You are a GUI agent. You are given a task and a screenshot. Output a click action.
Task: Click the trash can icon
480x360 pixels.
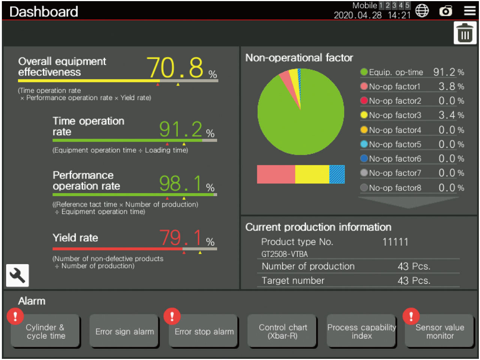(x=465, y=33)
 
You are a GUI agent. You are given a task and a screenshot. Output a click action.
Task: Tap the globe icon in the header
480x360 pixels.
(x=422, y=11)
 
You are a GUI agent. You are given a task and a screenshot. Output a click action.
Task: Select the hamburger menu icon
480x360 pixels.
(x=469, y=11)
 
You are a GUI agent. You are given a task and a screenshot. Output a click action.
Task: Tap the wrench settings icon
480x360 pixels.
(x=17, y=276)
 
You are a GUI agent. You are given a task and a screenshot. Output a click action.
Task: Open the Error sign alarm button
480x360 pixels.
(x=124, y=331)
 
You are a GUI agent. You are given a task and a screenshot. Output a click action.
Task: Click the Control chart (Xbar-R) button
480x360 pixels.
(x=283, y=331)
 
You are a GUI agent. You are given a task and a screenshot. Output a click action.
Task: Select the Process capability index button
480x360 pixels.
(x=361, y=331)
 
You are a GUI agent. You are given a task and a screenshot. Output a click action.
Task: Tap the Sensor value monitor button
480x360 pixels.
(x=439, y=331)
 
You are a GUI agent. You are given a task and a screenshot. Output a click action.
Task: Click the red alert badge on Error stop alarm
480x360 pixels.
(x=172, y=316)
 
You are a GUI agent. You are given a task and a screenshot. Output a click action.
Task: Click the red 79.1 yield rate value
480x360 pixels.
(x=181, y=238)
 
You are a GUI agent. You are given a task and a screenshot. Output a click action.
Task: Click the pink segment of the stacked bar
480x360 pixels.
(x=276, y=174)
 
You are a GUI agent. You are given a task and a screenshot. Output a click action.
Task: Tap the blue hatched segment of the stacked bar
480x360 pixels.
(x=337, y=174)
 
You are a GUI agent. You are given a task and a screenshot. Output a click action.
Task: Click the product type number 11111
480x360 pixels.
(x=395, y=242)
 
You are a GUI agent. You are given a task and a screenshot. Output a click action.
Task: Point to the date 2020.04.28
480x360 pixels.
(x=358, y=15)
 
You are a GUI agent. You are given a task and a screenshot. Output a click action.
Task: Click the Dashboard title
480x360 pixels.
(x=43, y=12)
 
